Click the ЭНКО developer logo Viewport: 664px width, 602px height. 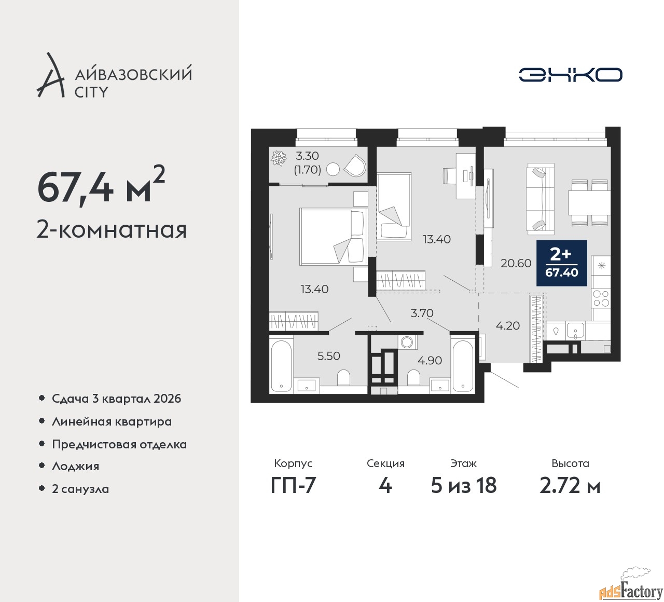[570, 75]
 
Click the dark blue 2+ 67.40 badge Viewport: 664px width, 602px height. [561, 263]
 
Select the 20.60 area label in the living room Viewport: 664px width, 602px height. [516, 263]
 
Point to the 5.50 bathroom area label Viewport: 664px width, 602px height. [328, 355]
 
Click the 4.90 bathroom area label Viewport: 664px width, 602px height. [430, 360]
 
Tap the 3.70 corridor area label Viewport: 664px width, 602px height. [421, 313]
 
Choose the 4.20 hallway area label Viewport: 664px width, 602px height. [507, 325]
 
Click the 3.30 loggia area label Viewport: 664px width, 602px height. [307, 156]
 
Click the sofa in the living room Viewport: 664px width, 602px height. [540, 198]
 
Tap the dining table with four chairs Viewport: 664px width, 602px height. [589, 202]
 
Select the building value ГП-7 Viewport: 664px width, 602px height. [293, 486]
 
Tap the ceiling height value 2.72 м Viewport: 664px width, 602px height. [570, 486]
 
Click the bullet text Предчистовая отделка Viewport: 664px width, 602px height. [119, 444]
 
